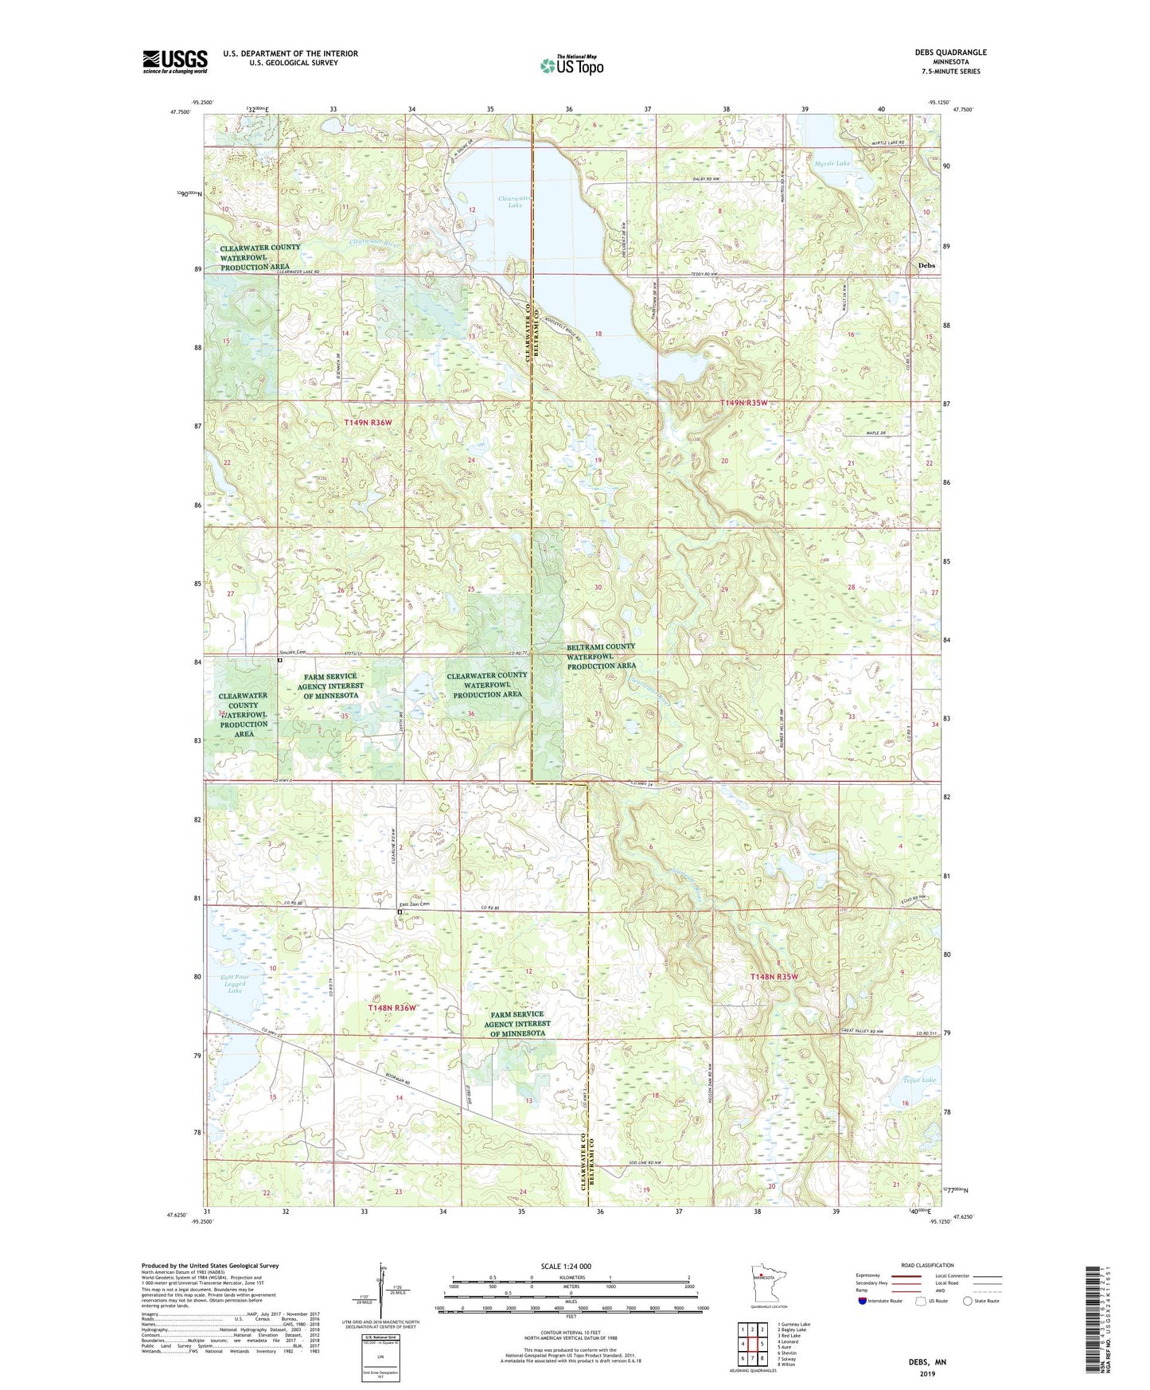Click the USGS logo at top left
(x=174, y=61)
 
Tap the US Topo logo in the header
(x=571, y=65)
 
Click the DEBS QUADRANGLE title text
(x=950, y=53)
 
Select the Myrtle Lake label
(x=832, y=163)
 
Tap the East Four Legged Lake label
(x=234, y=983)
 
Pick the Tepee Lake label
(x=919, y=1080)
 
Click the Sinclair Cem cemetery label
(x=292, y=652)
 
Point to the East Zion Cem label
(x=414, y=904)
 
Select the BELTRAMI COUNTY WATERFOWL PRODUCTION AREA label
(x=601, y=656)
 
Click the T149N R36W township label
(x=368, y=422)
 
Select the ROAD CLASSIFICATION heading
(x=927, y=1265)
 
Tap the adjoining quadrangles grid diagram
(x=752, y=1345)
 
